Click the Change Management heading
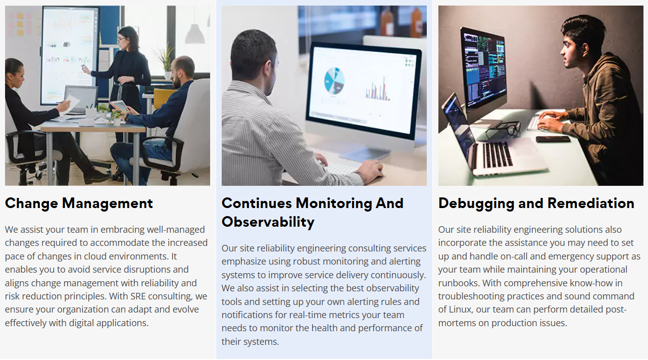79,203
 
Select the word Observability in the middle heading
268,222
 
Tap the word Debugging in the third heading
476,203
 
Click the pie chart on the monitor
334,81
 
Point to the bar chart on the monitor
378,89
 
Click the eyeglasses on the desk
504,129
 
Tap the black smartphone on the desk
553,139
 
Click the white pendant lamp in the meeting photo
194,34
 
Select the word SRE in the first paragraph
138,296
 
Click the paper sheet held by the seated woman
70,105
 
